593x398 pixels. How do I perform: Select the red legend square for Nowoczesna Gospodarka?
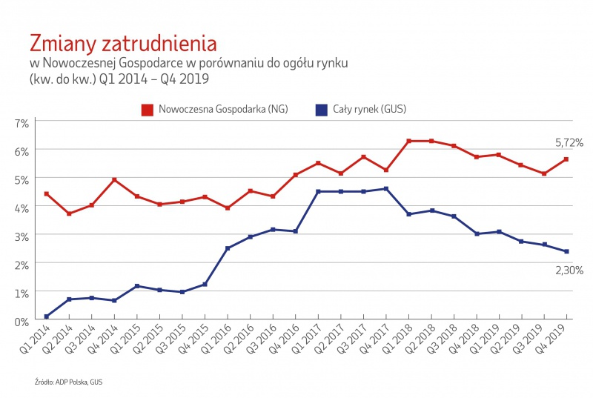[x=148, y=110]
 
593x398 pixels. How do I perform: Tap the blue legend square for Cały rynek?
[x=321, y=110]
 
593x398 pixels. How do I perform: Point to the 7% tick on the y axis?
[x=21, y=122]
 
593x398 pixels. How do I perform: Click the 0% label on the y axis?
[x=21, y=321]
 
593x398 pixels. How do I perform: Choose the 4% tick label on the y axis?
[x=21, y=208]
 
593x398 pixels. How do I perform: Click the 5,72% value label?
[x=569, y=142]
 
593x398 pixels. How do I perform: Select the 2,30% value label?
[x=569, y=271]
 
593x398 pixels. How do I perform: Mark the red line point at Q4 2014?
[x=114, y=179]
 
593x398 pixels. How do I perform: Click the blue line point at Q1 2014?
[x=47, y=316]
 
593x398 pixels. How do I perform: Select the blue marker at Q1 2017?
[x=318, y=191]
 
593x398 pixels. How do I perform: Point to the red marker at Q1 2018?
[x=408, y=141]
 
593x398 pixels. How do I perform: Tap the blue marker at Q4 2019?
[x=567, y=251]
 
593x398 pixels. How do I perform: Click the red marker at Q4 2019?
[x=567, y=159]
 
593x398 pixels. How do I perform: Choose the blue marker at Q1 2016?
[x=228, y=248]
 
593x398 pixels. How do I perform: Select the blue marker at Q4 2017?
[x=385, y=188]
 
